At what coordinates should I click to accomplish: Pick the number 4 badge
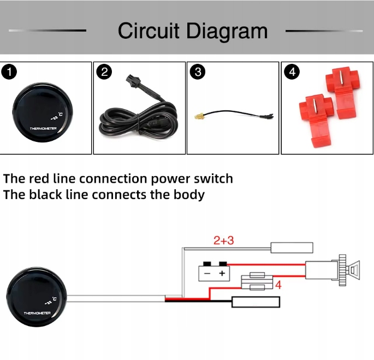point(291,71)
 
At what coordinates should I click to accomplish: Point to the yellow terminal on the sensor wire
point(200,116)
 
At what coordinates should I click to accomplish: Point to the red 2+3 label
point(223,240)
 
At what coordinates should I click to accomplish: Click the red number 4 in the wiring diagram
point(278,285)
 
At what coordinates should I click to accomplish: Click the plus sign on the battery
point(222,273)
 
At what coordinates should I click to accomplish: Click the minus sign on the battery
point(207,273)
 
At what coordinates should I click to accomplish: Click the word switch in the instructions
point(212,179)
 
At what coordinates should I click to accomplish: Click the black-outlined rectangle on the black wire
point(256,302)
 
